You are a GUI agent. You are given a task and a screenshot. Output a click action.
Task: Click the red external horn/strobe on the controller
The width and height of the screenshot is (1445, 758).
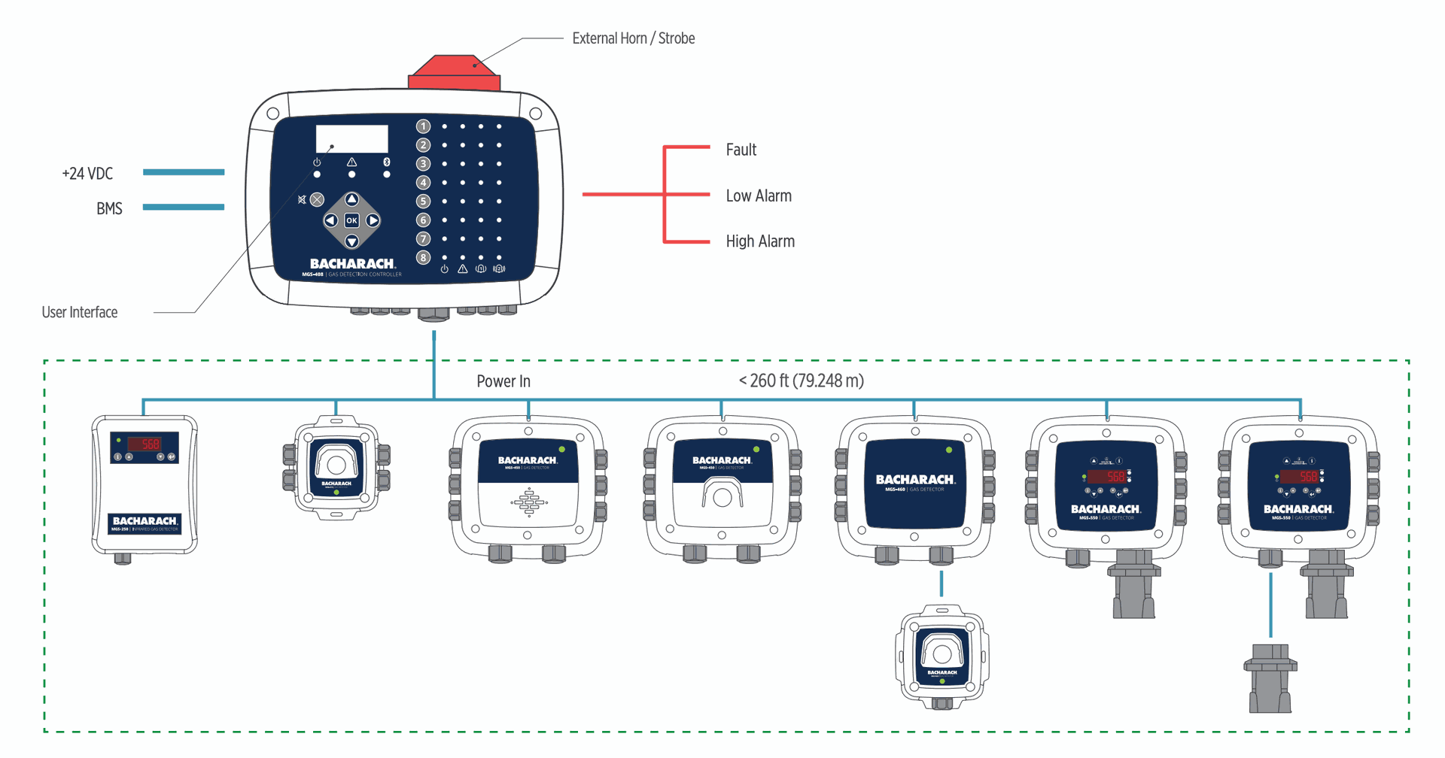(454, 73)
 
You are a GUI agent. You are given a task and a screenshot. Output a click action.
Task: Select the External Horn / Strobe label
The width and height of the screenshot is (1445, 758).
(633, 38)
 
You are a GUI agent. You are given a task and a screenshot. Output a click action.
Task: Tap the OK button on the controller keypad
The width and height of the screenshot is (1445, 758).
(351, 220)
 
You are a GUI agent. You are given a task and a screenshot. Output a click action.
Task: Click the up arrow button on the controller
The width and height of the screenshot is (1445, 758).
(351, 199)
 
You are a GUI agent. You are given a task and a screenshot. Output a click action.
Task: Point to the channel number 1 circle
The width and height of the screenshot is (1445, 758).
(424, 126)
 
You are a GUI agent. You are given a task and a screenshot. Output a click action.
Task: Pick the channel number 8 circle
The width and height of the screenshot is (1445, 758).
(424, 257)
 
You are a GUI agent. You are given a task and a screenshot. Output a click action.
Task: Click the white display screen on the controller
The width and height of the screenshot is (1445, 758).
(351, 139)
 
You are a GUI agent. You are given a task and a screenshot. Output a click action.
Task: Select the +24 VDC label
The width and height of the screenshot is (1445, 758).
(87, 174)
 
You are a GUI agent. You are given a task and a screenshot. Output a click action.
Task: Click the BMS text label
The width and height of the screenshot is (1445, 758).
(109, 209)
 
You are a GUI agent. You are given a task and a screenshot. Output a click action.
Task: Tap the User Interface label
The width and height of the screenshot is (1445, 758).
(80, 312)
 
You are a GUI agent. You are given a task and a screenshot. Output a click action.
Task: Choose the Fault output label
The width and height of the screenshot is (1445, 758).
(741, 150)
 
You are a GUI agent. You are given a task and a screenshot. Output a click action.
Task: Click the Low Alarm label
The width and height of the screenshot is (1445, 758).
(759, 196)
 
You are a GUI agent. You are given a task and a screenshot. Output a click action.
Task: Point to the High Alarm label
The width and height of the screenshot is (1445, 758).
(760, 241)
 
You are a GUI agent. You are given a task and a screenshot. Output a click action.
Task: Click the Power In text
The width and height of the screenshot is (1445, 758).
(503, 381)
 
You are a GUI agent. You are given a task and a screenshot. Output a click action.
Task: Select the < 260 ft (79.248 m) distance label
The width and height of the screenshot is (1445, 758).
(801, 381)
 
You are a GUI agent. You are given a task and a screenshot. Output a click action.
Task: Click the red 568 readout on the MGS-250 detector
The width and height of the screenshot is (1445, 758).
(145, 444)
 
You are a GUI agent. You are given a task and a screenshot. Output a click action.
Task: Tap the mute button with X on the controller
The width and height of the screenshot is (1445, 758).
(317, 199)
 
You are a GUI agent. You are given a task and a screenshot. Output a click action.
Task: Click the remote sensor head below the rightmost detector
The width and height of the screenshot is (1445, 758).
(1270, 678)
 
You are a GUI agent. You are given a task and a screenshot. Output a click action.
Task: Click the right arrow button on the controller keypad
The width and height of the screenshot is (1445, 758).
(373, 220)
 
